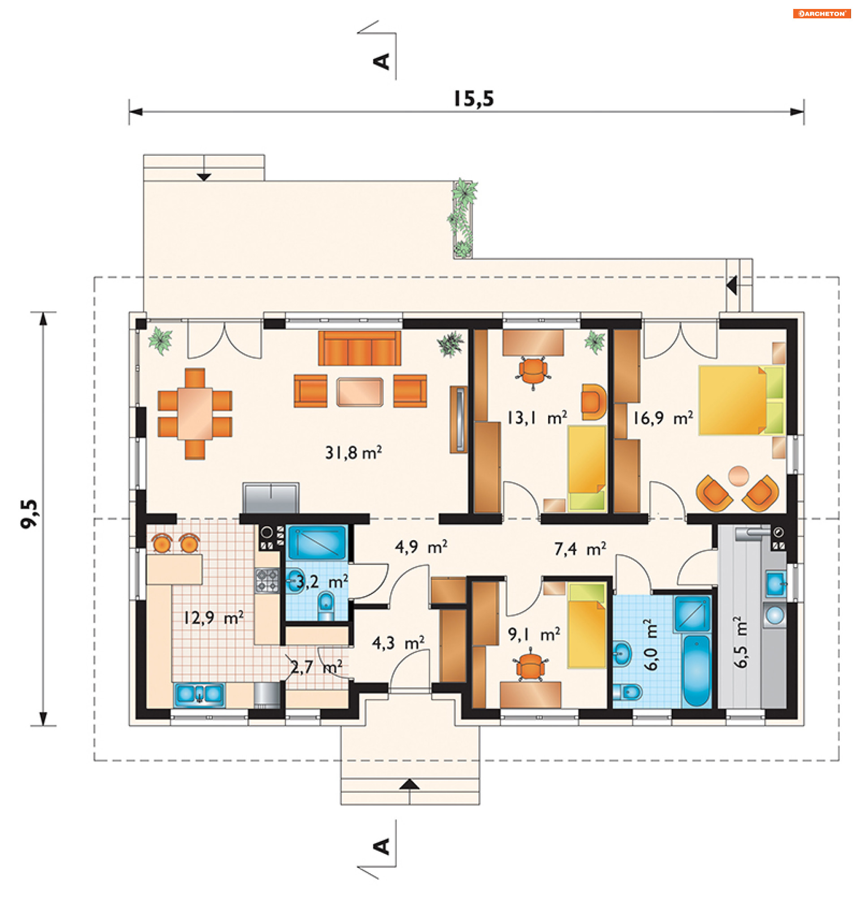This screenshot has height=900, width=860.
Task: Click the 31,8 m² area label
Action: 353,453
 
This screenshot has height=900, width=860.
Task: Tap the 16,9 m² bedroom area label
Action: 663,418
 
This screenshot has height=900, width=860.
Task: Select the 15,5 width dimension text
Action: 473,99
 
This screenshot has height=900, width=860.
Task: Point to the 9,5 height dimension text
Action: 30,514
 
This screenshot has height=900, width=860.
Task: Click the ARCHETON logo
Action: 821,14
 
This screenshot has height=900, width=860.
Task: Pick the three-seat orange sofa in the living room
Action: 359,348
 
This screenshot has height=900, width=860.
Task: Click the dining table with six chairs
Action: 195,414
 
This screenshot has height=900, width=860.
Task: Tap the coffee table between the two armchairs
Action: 360,392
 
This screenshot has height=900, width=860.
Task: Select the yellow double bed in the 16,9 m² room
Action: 741,400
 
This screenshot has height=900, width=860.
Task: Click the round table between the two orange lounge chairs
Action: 739,475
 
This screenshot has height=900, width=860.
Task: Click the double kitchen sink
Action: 199,695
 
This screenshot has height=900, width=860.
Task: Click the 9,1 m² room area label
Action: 533,634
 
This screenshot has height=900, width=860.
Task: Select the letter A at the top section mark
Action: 382,61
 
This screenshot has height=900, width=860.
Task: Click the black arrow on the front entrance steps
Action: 409,785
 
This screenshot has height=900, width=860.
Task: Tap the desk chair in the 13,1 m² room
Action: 533,371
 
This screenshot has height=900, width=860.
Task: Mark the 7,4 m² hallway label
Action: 580,548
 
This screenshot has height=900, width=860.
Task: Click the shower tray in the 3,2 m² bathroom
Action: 316,542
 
